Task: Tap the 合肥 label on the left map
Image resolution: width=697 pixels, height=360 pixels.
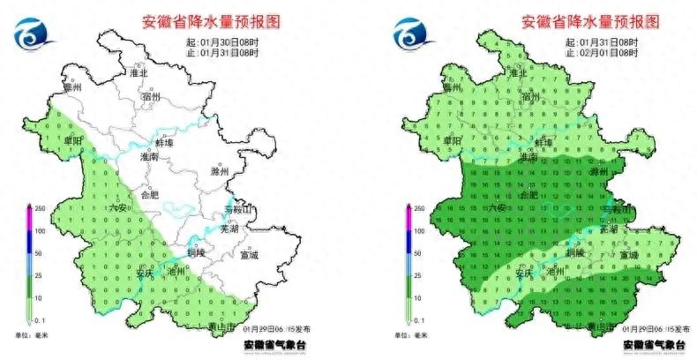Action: click(x=150, y=195)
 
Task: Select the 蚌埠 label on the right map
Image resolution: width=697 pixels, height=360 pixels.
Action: click(x=545, y=141)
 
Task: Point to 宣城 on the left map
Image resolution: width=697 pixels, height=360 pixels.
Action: click(x=250, y=256)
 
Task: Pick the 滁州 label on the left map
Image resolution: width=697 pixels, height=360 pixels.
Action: click(x=221, y=171)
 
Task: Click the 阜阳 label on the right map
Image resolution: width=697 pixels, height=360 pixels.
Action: click(x=452, y=140)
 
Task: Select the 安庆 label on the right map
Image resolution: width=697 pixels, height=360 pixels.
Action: click(x=526, y=273)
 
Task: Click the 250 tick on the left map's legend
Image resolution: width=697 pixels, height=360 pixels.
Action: click(x=39, y=208)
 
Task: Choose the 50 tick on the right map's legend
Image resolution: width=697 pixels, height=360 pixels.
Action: click(x=419, y=252)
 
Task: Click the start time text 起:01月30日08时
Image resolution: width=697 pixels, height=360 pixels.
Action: click(x=222, y=41)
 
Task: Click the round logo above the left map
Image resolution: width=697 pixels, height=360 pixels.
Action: click(x=32, y=34)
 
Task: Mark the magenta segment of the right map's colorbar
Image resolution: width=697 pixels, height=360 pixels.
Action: click(x=408, y=219)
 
